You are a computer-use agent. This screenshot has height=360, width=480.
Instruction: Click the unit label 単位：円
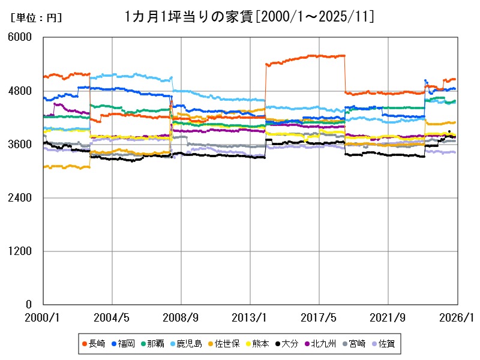coord(36,18)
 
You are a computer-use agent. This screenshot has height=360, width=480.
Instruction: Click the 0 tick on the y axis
coord(28,304)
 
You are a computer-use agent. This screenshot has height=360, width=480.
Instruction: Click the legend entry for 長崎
coord(94,344)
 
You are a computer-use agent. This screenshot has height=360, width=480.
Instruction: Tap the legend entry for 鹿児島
coord(190,344)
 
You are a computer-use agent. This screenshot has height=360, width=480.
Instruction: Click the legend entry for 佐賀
coord(385,344)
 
